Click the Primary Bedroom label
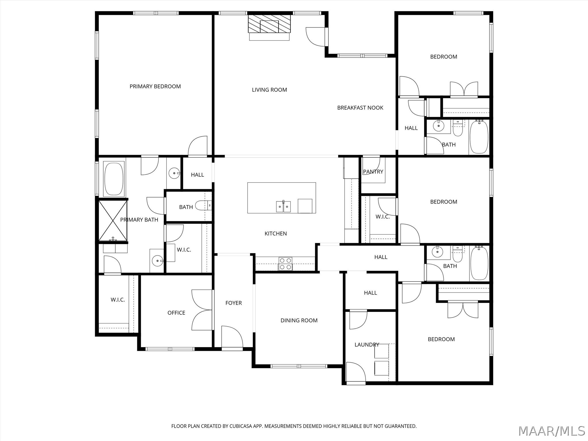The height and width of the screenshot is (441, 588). (x=155, y=86)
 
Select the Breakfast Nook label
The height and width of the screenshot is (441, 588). (x=360, y=108)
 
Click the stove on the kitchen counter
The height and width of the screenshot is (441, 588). (x=285, y=264)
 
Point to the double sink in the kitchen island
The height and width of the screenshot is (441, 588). (x=283, y=206)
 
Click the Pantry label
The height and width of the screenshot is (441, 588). (x=373, y=172)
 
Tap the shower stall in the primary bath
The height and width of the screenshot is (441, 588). (x=113, y=220)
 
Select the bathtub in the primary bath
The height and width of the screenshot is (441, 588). (x=114, y=179)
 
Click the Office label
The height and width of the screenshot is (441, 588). (x=176, y=313)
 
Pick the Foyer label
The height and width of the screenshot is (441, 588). (x=233, y=303)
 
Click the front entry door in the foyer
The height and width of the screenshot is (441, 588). (x=232, y=337)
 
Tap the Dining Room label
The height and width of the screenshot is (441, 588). (x=299, y=320)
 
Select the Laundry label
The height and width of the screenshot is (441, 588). (x=367, y=345)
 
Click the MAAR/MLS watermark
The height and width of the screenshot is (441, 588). (x=552, y=431)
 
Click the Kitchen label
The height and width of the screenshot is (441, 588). (x=276, y=234)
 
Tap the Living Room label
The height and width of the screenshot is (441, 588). (x=269, y=90)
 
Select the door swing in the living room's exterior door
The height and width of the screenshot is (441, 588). (x=316, y=37)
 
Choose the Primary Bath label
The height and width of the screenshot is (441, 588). (x=139, y=220)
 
